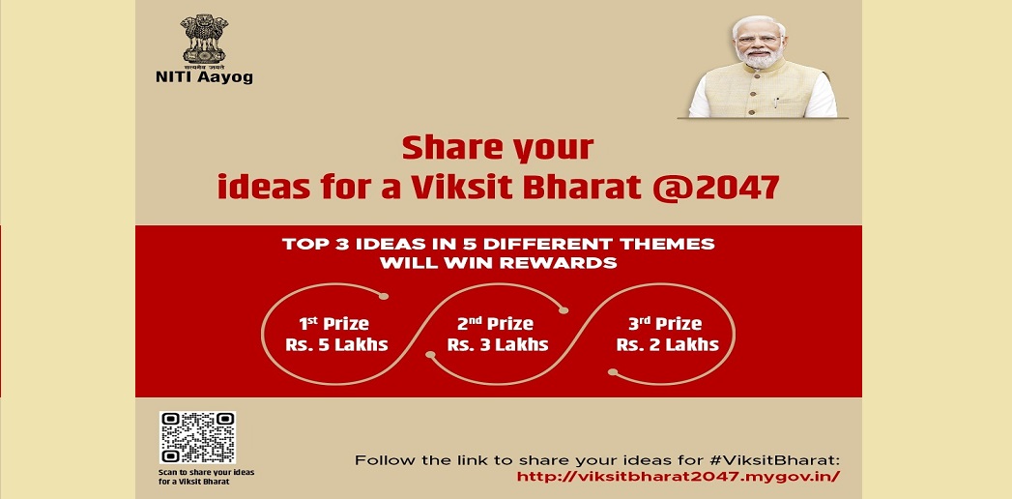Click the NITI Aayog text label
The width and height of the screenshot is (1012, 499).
[204, 77]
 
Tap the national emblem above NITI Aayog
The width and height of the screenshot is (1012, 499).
[204, 40]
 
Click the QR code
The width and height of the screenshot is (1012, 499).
[197, 438]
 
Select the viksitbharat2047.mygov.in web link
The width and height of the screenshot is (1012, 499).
[679, 477]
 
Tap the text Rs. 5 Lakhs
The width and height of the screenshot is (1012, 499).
[337, 344]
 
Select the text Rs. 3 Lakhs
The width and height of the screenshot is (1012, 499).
[498, 344]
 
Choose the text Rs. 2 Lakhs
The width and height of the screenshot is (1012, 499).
[667, 344]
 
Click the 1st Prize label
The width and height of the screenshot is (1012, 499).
[333, 323]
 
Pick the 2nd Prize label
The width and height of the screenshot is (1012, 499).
[496, 323]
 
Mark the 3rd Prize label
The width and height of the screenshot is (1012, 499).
[665, 323]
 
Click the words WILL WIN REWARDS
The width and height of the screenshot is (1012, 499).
[498, 263]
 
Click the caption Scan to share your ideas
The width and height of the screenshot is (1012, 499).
[207, 472]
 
